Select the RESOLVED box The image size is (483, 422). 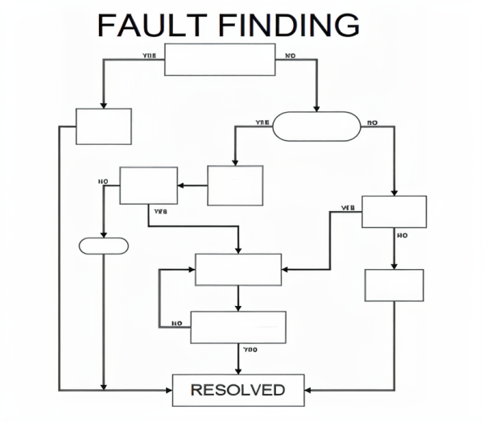point(238,391)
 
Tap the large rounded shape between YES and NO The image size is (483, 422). point(315,126)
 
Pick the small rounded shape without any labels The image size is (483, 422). point(104,246)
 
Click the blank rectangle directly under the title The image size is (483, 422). point(220,60)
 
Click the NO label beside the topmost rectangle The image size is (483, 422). point(290,56)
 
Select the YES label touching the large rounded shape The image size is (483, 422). point(262,122)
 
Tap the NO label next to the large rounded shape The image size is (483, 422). point(371,122)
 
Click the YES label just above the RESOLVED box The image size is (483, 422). point(249,350)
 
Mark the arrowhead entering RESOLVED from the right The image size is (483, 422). point(309,391)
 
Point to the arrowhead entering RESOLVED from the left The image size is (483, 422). point(170,391)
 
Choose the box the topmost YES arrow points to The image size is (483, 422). point(104,126)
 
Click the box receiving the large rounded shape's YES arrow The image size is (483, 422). point(235,185)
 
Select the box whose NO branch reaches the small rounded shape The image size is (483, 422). point(148,185)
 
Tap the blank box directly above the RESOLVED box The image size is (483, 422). point(238,327)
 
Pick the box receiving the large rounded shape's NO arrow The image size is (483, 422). point(394,212)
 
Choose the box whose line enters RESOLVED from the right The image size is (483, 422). point(394,284)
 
